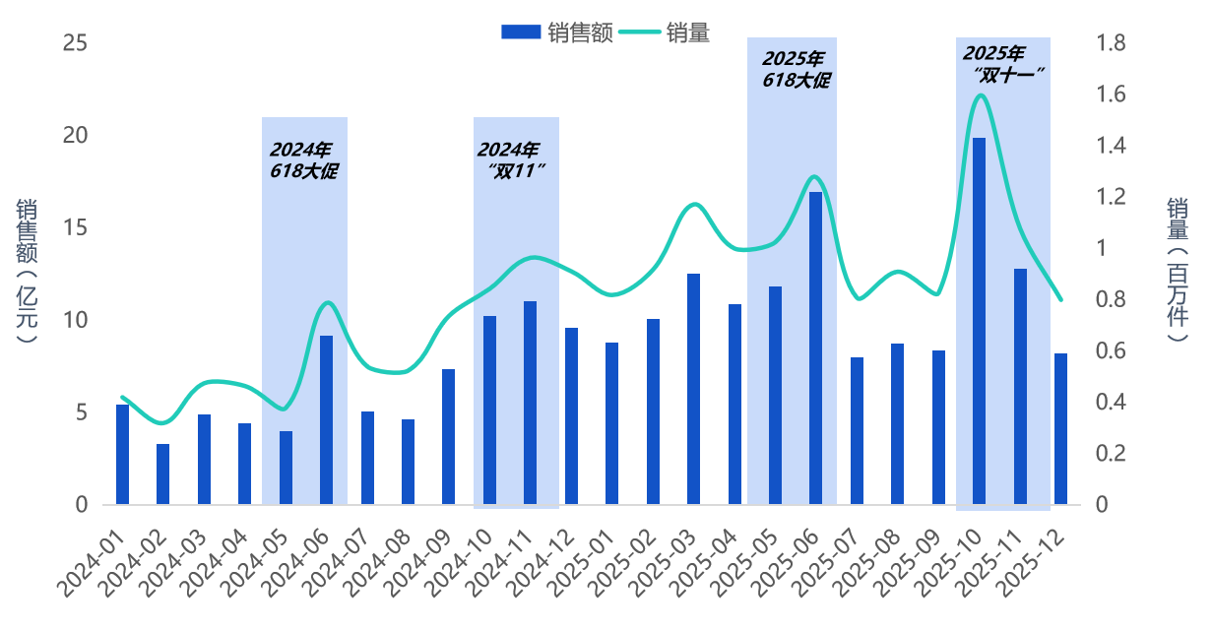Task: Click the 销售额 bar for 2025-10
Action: [979, 321]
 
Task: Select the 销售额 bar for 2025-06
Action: [815, 348]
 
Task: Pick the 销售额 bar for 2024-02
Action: [162, 474]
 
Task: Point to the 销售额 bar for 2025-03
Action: [693, 389]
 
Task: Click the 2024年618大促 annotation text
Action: [303, 160]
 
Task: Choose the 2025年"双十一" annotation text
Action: [1002, 63]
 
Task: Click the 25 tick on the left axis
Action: [75, 43]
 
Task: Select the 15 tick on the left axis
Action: [75, 228]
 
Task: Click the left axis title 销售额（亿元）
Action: [27, 271]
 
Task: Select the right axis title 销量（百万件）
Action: [1178, 271]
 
